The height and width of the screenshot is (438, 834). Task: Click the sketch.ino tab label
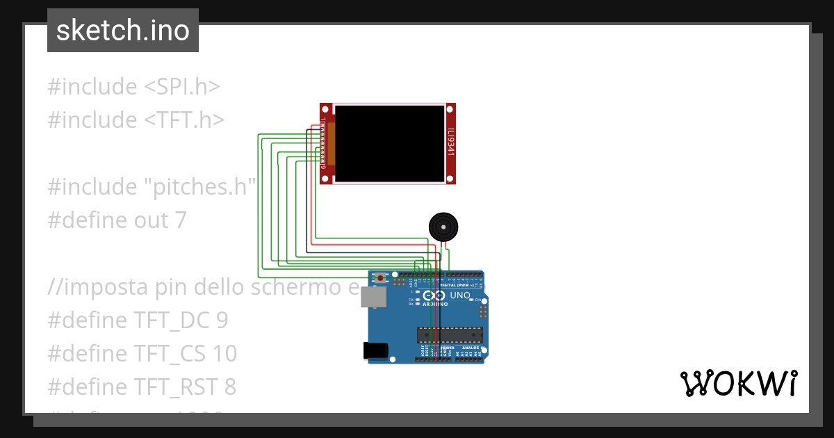point(122,31)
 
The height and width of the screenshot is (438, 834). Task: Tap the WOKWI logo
point(738,383)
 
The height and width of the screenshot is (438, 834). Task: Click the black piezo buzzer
point(443,227)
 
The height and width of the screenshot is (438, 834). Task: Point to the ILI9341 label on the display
point(450,142)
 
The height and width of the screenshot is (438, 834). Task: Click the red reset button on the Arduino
point(381,278)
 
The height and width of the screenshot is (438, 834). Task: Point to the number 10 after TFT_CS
point(225,354)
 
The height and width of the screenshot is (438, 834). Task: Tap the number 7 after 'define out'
point(181,220)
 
